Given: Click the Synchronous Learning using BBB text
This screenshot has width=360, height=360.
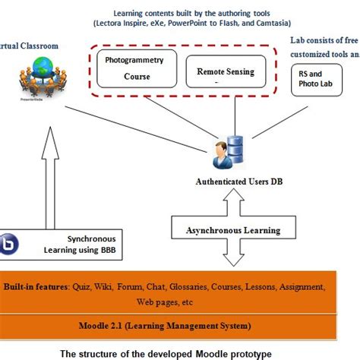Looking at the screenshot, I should (91, 242).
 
